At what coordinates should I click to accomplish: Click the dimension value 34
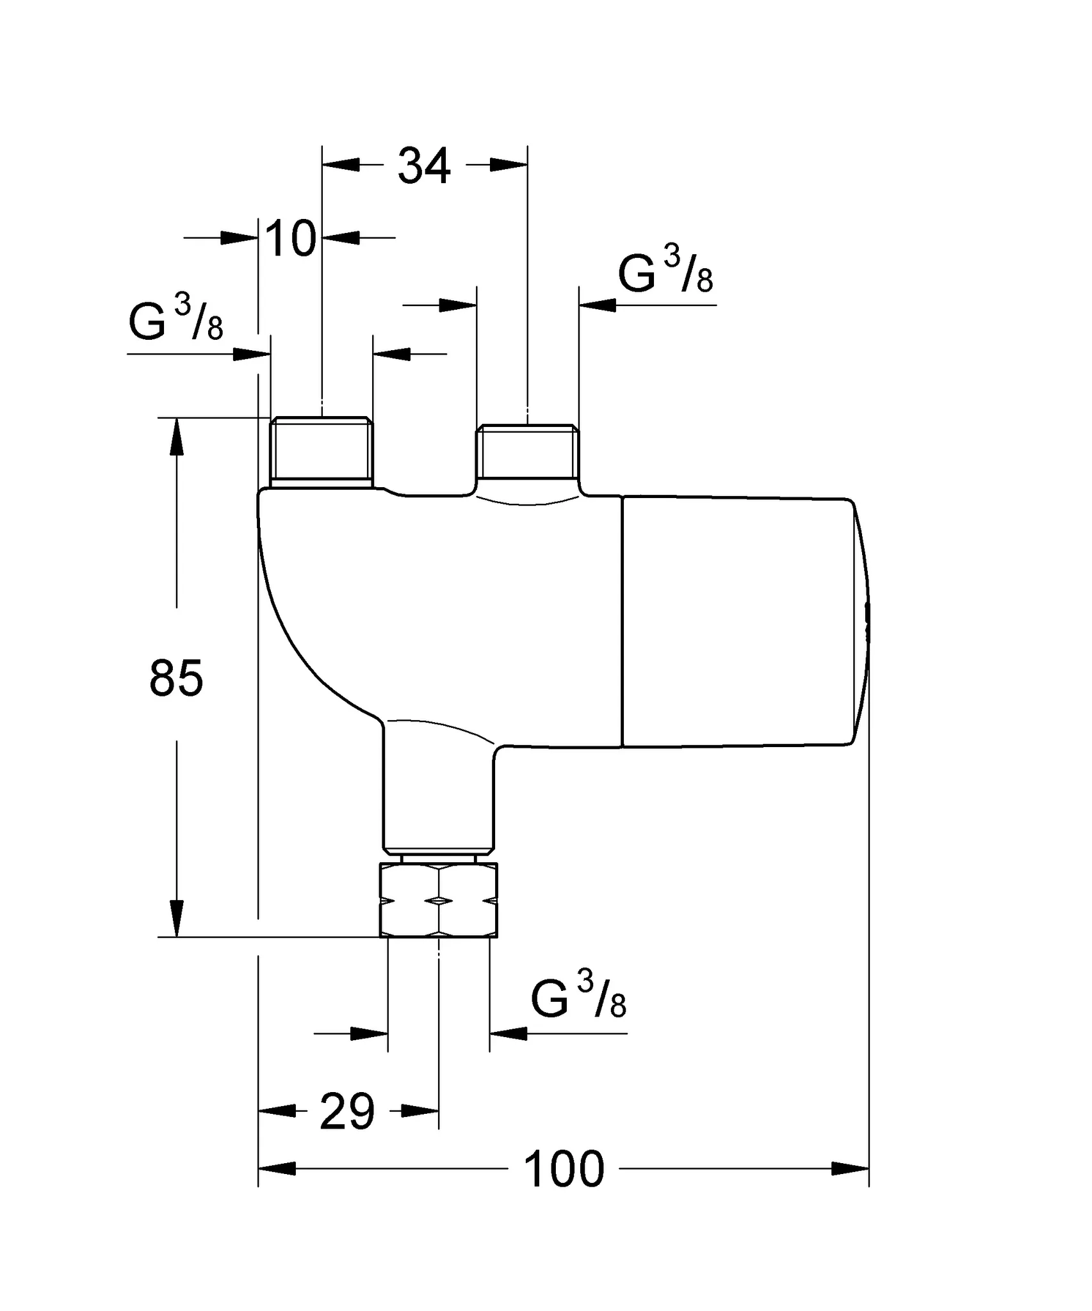pos(424,166)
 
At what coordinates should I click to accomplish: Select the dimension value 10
pos(290,239)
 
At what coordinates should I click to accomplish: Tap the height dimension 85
pos(176,679)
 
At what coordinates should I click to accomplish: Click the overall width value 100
pos(564,1170)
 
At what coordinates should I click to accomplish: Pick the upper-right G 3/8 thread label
pos(665,272)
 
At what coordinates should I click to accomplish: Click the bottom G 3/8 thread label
pos(578,995)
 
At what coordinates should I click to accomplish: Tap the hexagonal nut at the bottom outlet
pos(439,901)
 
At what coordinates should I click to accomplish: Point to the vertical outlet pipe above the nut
pos(439,794)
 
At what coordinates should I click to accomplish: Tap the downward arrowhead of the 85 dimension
pos(176,919)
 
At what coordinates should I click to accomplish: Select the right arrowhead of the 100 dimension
pos(851,1169)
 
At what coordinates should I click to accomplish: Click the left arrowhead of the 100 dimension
pos(277,1169)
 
